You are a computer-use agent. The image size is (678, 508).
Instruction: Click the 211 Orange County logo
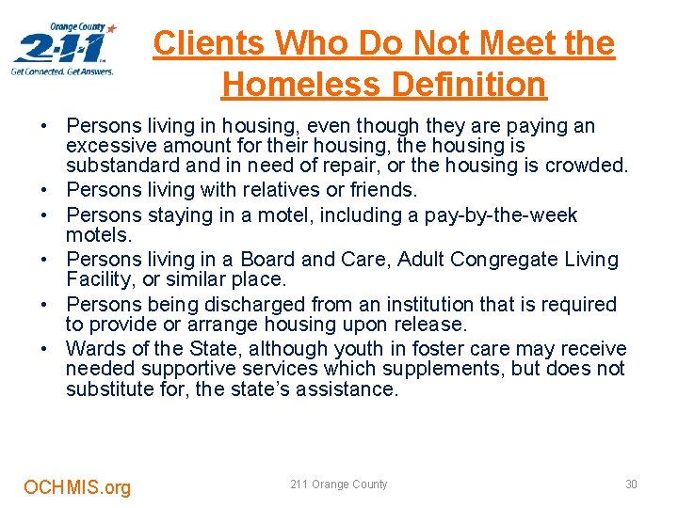pos(64,49)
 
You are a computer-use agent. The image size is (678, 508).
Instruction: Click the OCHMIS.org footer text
pos(77,487)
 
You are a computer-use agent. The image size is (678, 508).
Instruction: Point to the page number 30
pos(631,484)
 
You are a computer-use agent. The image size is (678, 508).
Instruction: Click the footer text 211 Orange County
pos(339,484)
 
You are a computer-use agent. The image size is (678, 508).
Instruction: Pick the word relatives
pos(280,190)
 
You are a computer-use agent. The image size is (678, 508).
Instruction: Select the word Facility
pos(98,279)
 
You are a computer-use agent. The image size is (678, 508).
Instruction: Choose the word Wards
pos(94,349)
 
